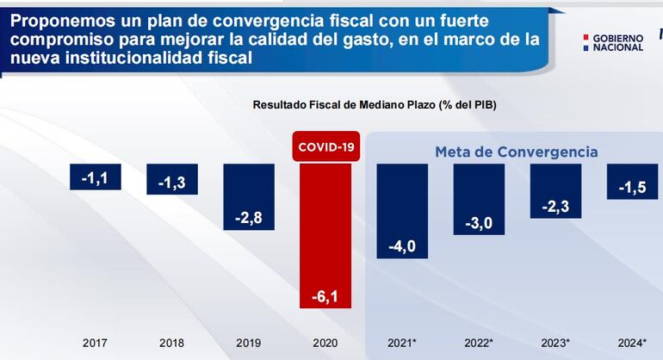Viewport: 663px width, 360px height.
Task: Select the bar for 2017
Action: click(96, 177)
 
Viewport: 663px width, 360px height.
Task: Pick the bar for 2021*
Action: click(402, 211)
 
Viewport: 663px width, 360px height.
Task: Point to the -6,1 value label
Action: click(325, 296)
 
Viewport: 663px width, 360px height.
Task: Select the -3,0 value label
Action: click(479, 224)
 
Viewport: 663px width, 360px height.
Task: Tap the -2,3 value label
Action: click(555, 207)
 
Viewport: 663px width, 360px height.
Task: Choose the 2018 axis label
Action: click(172, 343)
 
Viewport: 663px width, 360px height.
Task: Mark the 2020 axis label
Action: click(325, 343)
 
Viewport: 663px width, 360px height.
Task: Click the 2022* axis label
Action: click(479, 343)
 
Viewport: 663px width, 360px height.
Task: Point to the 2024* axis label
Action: click(632, 343)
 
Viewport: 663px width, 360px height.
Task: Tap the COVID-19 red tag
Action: click(326, 147)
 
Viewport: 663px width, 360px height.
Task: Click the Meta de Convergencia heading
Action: click(516, 152)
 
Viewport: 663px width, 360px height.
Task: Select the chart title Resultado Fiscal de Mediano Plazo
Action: click(374, 104)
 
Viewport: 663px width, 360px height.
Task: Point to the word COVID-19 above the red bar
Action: click(326, 147)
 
